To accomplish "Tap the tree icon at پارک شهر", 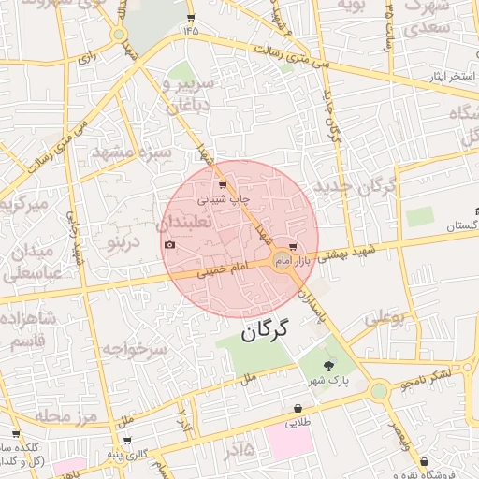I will click(x=327, y=366).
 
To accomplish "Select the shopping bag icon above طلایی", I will click(x=298, y=409).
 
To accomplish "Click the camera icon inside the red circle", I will click(x=169, y=245).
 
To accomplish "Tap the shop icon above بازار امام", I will click(x=295, y=248).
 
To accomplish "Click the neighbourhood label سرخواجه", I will click(x=134, y=349).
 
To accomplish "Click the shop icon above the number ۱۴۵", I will click(x=192, y=18).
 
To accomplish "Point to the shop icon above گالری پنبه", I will click(x=126, y=440).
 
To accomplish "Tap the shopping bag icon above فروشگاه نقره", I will click(x=425, y=461).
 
